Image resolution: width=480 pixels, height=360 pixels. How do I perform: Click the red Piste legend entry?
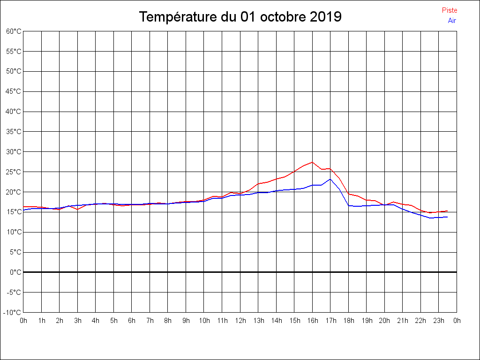[x=450, y=10]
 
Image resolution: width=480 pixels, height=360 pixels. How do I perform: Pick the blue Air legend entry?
[x=452, y=20]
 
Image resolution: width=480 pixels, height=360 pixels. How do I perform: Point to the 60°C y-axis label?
[x=14, y=31]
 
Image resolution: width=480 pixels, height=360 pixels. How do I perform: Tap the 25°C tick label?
[x=14, y=172]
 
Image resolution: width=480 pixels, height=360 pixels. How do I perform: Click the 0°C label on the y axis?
[x=15, y=272]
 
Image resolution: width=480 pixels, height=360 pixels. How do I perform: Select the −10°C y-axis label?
[x=13, y=312]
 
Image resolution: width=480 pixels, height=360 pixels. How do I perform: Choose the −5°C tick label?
[x=14, y=292]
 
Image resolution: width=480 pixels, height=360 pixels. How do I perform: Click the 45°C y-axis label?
[x=14, y=91]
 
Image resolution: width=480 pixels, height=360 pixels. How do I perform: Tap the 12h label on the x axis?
[x=240, y=321]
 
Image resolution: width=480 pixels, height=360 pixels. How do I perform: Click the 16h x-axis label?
[x=313, y=321]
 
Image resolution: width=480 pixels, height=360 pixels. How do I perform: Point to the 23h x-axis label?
[x=439, y=321]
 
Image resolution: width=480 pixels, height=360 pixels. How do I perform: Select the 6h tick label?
[x=132, y=321]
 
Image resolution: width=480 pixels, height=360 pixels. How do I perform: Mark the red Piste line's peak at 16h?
[x=312, y=162]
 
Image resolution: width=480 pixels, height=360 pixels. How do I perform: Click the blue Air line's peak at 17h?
[x=330, y=179]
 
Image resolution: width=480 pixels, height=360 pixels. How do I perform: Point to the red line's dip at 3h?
[x=77, y=210]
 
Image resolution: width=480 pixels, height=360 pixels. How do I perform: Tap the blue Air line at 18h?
[x=348, y=205]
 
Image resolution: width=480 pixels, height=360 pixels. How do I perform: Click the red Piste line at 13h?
[x=258, y=184]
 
